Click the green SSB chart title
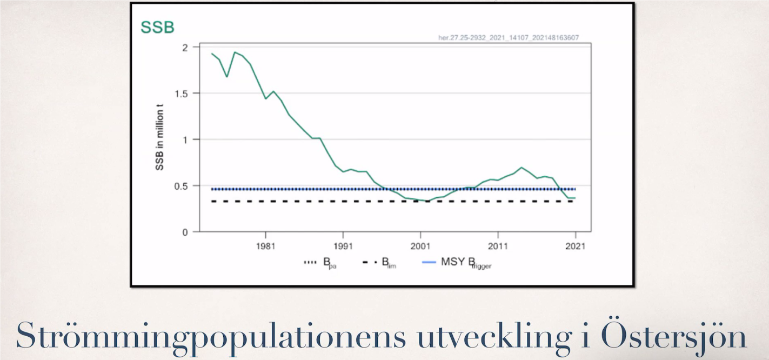157,28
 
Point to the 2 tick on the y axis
185,48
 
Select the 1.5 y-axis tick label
182,94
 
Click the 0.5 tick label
182,186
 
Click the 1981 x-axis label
265,246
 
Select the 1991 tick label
343,246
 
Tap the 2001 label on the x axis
420,246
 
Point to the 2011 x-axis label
497,246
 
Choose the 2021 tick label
574,246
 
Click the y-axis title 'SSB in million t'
160,139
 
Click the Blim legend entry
379,263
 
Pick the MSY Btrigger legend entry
457,263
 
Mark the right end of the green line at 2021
574,198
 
